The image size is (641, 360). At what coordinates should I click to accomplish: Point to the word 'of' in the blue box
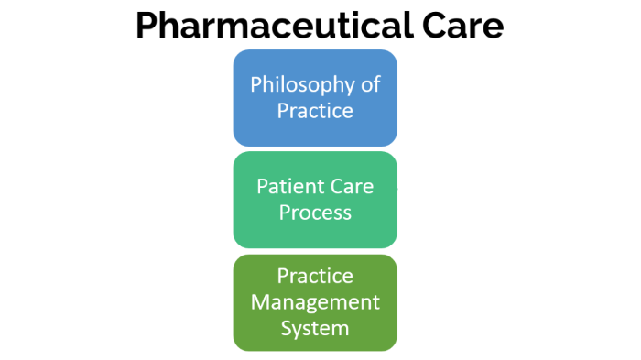click(x=369, y=85)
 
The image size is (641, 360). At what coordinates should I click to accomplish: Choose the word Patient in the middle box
click(x=285, y=188)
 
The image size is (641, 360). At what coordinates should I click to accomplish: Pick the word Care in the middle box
click(x=351, y=188)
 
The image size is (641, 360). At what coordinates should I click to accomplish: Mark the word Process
click(x=315, y=213)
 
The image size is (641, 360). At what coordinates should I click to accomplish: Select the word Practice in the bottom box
click(x=315, y=276)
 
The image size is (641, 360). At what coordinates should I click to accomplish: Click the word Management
click(x=315, y=301)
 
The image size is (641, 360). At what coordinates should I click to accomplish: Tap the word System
click(x=315, y=326)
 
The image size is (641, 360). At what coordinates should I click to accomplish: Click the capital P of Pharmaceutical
click(x=149, y=26)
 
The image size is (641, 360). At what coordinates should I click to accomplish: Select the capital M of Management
click(x=259, y=301)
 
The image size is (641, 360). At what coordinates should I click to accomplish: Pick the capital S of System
click(x=285, y=326)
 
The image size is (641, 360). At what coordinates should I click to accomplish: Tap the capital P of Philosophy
click(x=256, y=85)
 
